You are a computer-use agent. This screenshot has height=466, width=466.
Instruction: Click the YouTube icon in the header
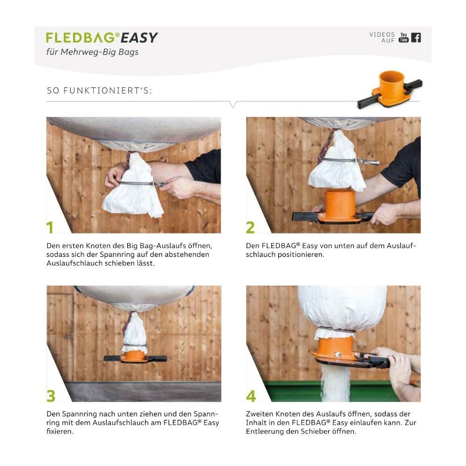tap(403, 37)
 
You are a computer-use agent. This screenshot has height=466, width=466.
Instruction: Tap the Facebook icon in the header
tap(416, 38)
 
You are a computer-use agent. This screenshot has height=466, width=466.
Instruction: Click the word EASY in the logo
tap(139, 38)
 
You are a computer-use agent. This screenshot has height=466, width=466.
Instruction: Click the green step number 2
tap(250, 227)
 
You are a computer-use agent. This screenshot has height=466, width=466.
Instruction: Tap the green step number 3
tap(51, 396)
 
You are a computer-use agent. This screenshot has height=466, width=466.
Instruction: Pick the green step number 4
tap(251, 396)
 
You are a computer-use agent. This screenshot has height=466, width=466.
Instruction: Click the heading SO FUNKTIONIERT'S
tap(99, 91)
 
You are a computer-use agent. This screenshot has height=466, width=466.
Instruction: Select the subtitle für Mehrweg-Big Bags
tap(92, 52)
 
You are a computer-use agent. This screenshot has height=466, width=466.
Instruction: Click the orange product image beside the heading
tap(390, 89)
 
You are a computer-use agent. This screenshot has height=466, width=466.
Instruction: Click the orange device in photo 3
tap(136, 356)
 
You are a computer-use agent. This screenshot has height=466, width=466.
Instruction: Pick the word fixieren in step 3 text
tap(60, 431)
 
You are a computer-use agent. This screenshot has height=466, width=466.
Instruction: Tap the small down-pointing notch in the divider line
tap(233, 104)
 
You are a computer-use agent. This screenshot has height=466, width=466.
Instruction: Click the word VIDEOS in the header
tap(382, 34)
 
